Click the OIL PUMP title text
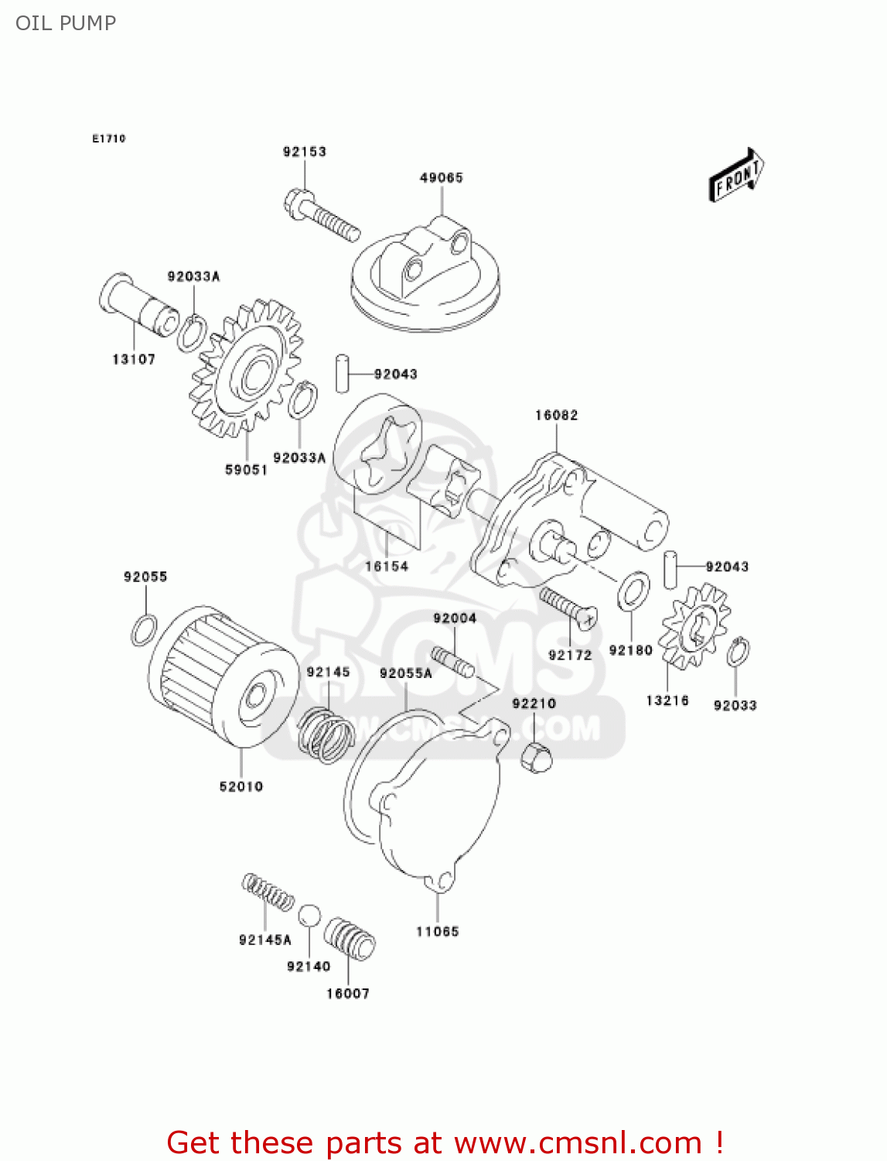66,23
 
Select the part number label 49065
441,178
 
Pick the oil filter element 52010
224,677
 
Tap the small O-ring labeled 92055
144,630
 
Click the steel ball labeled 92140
309,915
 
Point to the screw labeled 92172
568,608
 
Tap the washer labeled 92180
633,591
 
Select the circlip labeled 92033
738,652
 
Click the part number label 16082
556,416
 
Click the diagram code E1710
108,139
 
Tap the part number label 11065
437,932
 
